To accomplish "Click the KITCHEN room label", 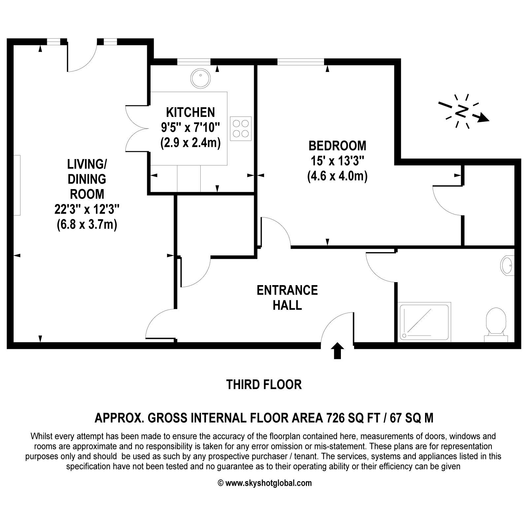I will [x=190, y=113].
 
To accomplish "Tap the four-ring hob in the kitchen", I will [x=241, y=129].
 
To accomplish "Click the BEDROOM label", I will [x=337, y=146].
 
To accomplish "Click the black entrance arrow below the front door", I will [x=337, y=350].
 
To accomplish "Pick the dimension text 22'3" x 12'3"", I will [x=87, y=209].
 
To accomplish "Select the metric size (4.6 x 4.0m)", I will [x=337, y=176].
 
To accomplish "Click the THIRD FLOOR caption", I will [x=264, y=385].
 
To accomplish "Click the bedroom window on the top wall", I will [x=301, y=62].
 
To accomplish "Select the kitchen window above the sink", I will [x=194, y=62].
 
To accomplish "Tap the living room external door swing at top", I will [x=82, y=56].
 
